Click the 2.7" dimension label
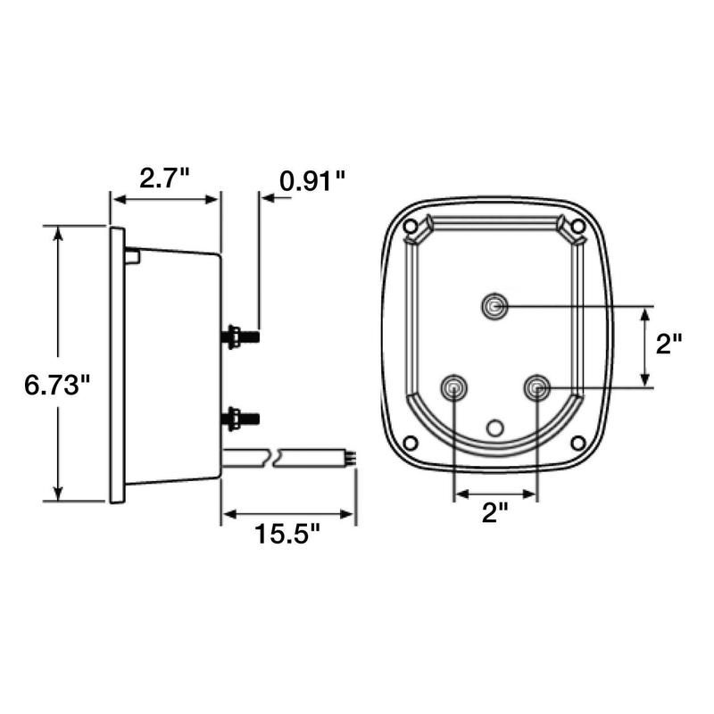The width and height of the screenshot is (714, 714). coord(164,178)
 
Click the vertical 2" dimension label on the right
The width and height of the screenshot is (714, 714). coord(668,345)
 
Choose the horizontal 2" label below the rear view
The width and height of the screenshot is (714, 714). coord(495,511)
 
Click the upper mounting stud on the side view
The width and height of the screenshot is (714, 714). coord(239,336)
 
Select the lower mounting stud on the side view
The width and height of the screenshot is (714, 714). coord(239,416)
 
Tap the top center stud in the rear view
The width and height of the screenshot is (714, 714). coord(494,307)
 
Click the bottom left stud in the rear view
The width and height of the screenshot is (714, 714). coord(455,387)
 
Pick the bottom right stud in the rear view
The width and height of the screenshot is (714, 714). coord(536,387)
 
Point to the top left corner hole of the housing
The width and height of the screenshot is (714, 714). coord(411,228)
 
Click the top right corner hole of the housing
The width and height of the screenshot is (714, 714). coord(577,228)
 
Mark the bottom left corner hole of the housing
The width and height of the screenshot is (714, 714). coord(411,444)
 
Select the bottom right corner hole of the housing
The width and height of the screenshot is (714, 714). coord(577,443)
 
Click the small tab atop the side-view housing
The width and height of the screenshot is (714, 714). coord(132,256)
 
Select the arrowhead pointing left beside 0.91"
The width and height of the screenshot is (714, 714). coord(264,196)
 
